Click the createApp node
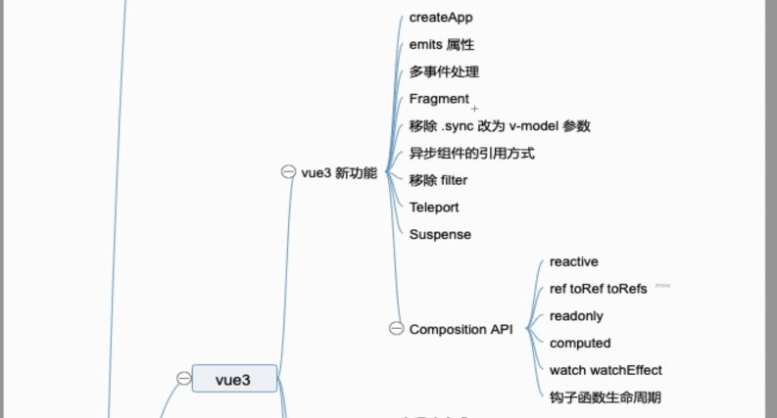[x=441, y=18]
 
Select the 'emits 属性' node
[x=442, y=45]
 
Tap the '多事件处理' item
[x=444, y=72]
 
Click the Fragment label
[x=439, y=99]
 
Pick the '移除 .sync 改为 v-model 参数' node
[x=500, y=126]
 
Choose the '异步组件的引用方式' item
[x=471, y=154]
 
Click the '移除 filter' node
[x=438, y=180]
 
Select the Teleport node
[x=434, y=208]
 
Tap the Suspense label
[x=440, y=235]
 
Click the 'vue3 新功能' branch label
[x=339, y=173]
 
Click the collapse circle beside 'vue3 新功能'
[x=288, y=172]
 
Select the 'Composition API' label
[x=461, y=330]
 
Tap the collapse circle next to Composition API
[x=396, y=329]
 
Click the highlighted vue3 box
[x=233, y=379]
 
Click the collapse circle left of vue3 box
[x=183, y=379]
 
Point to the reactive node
[x=573, y=262]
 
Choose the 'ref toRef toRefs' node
[x=598, y=289]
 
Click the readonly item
[x=576, y=316]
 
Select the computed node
[x=580, y=344]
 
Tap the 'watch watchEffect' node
[x=606, y=370]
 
